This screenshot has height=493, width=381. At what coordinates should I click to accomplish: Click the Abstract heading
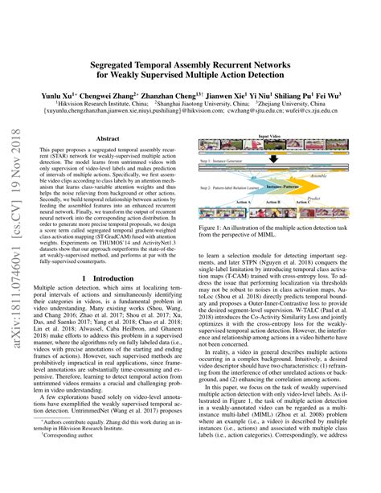108,138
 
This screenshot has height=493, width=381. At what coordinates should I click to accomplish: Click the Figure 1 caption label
217,229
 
